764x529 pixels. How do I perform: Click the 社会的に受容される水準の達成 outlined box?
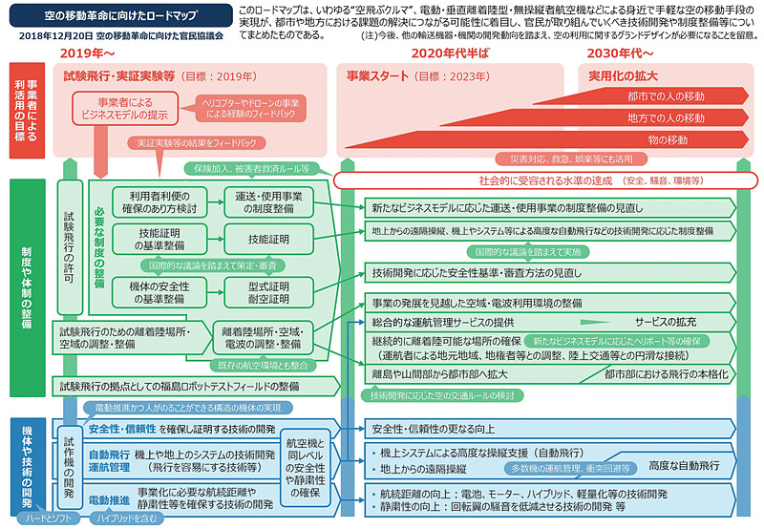click(544, 180)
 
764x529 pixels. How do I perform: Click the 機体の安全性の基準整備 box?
click(159, 291)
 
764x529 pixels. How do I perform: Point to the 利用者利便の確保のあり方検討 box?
click(159, 201)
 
